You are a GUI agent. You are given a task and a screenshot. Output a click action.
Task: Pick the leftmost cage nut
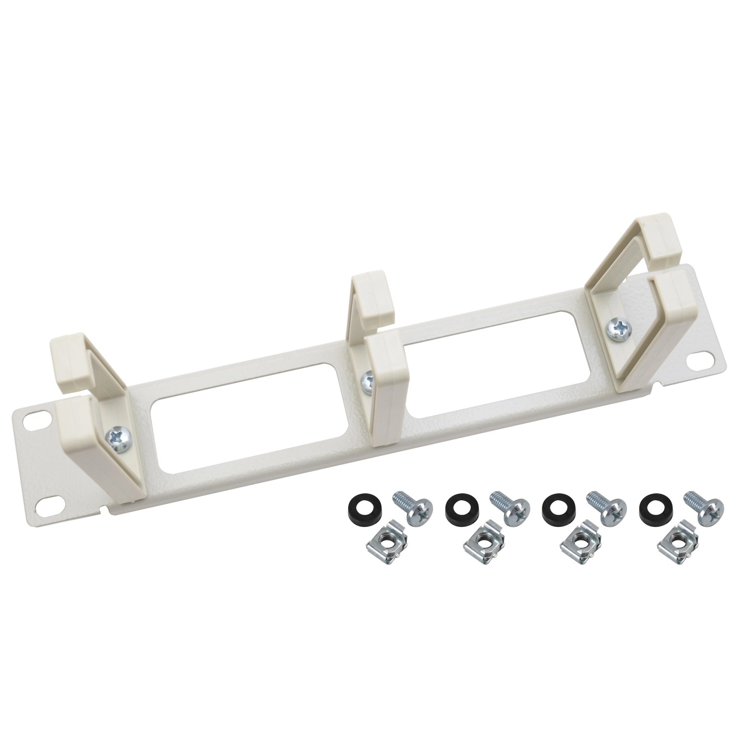click(386, 547)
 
